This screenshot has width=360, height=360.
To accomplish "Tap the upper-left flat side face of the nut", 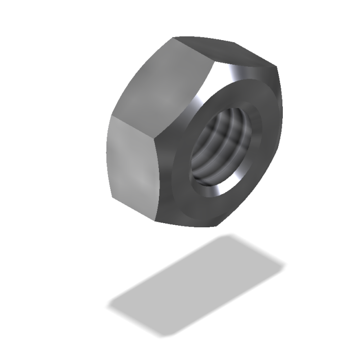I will (162, 82).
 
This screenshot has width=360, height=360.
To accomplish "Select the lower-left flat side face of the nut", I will (133, 165).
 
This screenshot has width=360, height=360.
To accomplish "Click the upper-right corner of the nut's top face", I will (275, 67).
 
